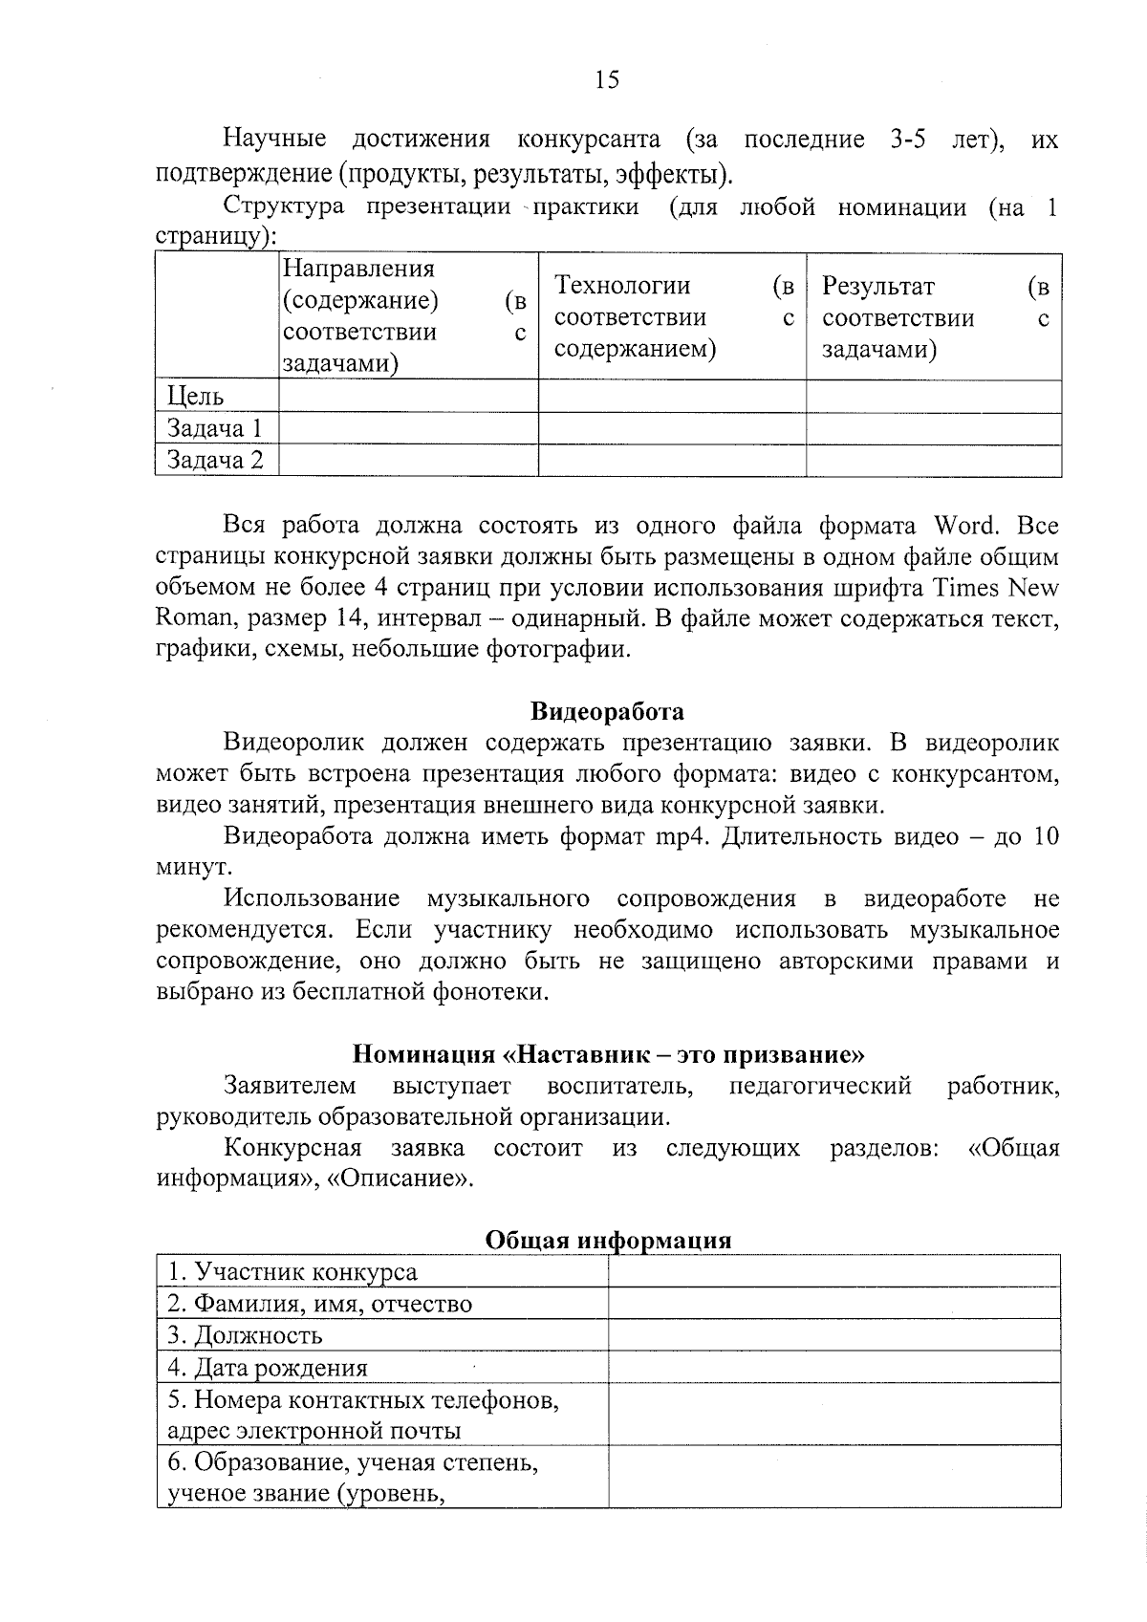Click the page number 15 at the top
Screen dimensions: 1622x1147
(606, 79)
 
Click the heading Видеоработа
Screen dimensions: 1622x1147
(607, 711)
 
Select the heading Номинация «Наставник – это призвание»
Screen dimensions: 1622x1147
(608, 1054)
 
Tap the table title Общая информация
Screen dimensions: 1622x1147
(608, 1240)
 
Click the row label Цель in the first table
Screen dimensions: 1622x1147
(196, 397)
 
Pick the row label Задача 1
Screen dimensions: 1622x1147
(214, 428)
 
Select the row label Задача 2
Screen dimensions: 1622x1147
(215, 461)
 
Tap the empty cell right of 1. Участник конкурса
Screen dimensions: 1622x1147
(833, 1272)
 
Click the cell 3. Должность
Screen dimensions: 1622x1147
(246, 1335)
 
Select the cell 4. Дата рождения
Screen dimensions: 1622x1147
(268, 1367)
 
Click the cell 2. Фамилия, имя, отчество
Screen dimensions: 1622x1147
(319, 1304)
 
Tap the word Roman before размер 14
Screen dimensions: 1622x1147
(194, 618)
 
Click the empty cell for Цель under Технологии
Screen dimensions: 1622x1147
(671, 397)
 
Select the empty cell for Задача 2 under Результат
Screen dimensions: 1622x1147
(933, 461)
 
